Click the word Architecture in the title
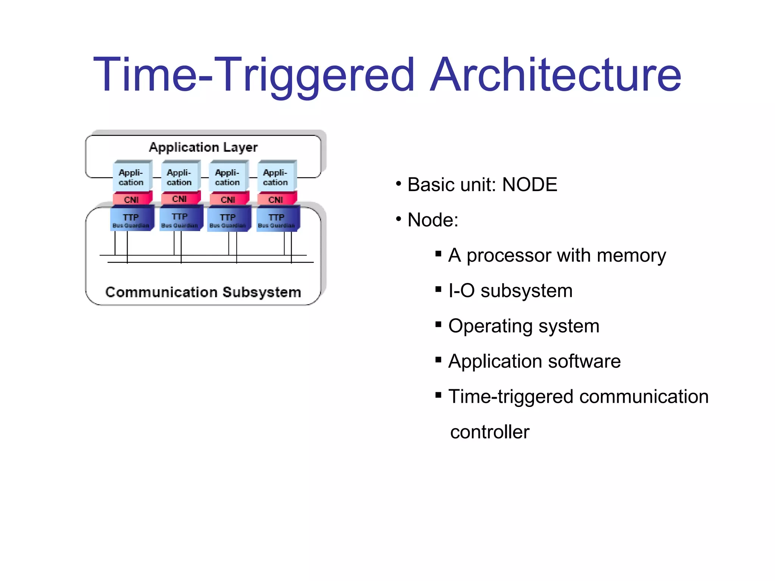click(556, 75)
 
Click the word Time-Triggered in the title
click(254, 75)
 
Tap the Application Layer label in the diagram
click(203, 147)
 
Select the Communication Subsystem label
click(203, 292)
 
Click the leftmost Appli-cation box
click(131, 177)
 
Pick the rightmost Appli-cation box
click(275, 177)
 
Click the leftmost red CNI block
click(131, 199)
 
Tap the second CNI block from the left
click(179, 199)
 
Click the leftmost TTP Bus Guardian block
click(131, 220)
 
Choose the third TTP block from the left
click(228, 220)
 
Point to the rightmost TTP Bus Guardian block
click(277, 220)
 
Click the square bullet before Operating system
click(438, 324)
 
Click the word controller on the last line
click(490, 432)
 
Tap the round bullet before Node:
click(398, 219)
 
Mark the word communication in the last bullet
click(644, 397)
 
